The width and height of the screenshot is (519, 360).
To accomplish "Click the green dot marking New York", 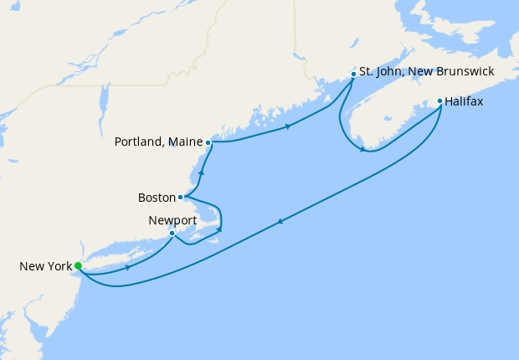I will [x=78, y=266].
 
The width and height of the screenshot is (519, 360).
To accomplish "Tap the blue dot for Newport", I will [x=172, y=233].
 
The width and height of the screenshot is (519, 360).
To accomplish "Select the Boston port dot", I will [x=181, y=198].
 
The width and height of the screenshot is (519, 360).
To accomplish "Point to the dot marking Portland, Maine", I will [x=208, y=143].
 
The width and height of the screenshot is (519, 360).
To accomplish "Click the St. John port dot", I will [x=353, y=74].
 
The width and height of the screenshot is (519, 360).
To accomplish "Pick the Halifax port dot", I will [x=440, y=101].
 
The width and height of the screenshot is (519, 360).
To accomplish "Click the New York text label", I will [x=44, y=267].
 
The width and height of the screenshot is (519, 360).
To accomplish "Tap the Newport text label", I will [x=172, y=219].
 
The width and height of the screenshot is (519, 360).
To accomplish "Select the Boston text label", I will [x=156, y=198].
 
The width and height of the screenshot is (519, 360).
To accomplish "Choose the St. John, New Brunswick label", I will [x=427, y=73].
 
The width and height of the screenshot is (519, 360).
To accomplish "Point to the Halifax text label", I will [x=465, y=101].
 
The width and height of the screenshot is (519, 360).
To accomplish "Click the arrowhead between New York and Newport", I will [x=127, y=268].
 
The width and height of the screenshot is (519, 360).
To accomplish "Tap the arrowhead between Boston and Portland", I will [x=202, y=172].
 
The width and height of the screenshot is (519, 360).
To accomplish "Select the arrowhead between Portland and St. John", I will [x=288, y=126].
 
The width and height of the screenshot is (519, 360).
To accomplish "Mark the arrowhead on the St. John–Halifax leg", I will [x=362, y=150].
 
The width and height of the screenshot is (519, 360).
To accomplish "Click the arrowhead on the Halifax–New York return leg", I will [x=280, y=221].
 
